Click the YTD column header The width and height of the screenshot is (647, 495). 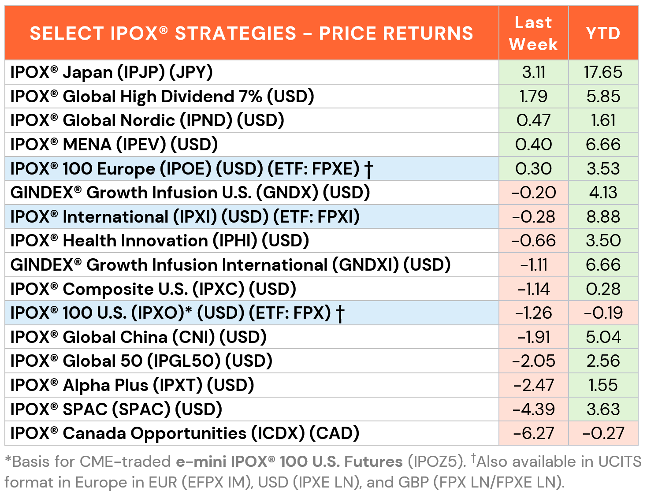point(603,33)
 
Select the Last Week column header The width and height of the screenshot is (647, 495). point(533,33)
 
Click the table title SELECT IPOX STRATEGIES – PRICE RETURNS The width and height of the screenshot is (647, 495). point(251,33)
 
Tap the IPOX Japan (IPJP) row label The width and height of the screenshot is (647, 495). point(112,72)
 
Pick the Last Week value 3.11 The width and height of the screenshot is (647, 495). point(533,72)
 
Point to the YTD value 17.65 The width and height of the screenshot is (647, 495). point(603,72)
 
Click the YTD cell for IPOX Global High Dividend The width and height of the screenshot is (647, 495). point(603,97)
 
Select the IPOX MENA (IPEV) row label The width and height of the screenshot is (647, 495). point(114,145)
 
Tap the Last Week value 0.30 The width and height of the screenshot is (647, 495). point(533,169)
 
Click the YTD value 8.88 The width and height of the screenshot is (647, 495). point(603,217)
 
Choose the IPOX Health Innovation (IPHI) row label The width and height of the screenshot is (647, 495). point(160,241)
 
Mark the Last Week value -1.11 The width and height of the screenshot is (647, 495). point(533,265)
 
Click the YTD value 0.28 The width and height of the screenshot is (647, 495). point(603,289)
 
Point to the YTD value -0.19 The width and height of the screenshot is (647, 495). point(603,313)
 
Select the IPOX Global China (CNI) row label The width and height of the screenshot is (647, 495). point(138,337)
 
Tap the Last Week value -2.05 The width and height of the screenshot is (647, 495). point(533,361)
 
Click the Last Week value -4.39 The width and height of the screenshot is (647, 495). point(533,409)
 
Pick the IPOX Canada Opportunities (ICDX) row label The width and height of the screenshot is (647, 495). point(185,433)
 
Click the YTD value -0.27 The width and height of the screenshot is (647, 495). point(603,433)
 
